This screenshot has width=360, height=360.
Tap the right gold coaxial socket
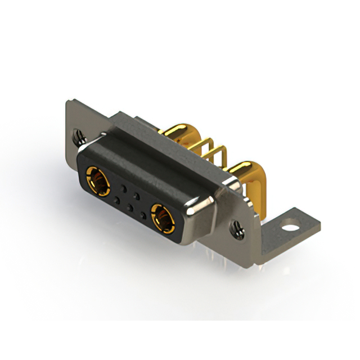161,218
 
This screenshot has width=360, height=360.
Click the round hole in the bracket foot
290,228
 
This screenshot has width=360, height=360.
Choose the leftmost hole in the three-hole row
116,200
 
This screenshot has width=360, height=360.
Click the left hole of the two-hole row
124,187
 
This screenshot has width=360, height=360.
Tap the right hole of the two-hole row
137,193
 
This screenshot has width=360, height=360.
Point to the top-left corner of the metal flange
68,102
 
